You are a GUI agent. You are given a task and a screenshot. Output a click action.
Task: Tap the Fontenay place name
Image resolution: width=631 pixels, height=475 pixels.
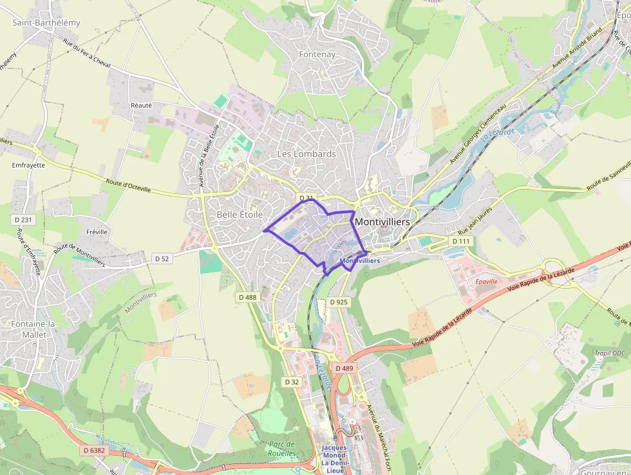(317, 55)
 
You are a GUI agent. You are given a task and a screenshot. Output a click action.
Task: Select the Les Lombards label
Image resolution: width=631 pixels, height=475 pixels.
(306, 154)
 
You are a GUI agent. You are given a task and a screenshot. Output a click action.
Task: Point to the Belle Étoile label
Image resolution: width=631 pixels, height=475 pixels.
(240, 214)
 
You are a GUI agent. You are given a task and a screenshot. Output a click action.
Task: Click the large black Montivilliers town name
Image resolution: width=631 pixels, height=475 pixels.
(382, 221)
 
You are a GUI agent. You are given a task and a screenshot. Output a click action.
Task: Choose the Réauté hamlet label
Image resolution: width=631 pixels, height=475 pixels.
(141, 105)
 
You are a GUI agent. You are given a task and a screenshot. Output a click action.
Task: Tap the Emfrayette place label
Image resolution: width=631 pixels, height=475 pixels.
(28, 165)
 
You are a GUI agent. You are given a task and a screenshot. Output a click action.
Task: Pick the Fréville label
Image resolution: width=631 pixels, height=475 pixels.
(97, 231)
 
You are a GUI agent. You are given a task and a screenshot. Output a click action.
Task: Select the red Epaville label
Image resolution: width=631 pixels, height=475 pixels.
(486, 282)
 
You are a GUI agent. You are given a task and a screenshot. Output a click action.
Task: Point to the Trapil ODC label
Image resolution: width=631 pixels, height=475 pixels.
(609, 353)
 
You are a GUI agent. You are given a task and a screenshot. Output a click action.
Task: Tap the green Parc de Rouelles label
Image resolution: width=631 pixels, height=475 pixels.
(281, 449)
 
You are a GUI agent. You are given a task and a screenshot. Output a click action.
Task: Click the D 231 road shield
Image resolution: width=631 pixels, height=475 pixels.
(23, 220)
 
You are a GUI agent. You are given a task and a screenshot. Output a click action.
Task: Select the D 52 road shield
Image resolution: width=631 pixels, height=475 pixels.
(162, 258)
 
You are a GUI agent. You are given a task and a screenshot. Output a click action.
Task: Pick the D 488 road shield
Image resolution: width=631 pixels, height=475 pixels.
(247, 297)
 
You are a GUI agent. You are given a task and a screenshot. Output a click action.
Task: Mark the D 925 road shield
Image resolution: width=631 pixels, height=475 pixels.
(339, 302)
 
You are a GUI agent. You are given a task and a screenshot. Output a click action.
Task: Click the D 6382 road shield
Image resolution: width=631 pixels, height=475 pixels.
(94, 451)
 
